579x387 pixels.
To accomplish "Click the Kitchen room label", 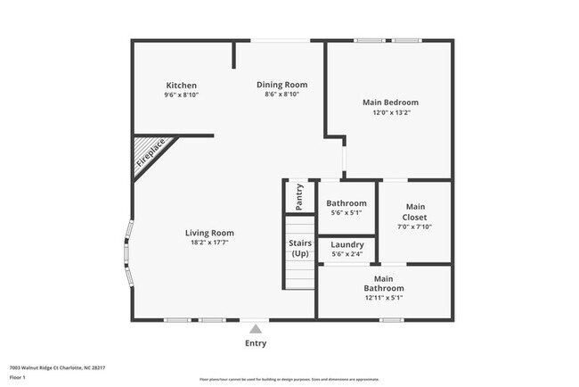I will tap(181, 86).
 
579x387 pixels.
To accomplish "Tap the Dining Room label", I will tap(282, 85).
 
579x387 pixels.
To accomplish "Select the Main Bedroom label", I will tap(390, 103).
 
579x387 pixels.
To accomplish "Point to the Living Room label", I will tap(209, 233).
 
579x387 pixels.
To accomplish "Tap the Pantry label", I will tap(299, 196).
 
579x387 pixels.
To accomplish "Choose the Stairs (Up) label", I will tap(299, 248).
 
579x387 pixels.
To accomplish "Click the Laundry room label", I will tap(347, 245).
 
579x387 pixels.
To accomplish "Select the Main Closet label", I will tap(415, 212).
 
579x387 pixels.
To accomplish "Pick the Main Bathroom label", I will tap(384, 284).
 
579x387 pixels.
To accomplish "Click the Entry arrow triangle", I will tap(256, 329).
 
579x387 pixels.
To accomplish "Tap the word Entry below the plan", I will tap(256, 343).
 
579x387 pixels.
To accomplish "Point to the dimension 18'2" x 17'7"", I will tap(209, 243).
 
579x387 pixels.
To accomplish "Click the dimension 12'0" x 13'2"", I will tap(390, 112).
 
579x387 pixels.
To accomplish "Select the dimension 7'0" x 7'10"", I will tap(415, 227).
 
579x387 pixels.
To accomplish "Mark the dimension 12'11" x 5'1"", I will tap(384, 298).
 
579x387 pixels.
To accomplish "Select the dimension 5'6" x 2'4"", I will tap(347, 255).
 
